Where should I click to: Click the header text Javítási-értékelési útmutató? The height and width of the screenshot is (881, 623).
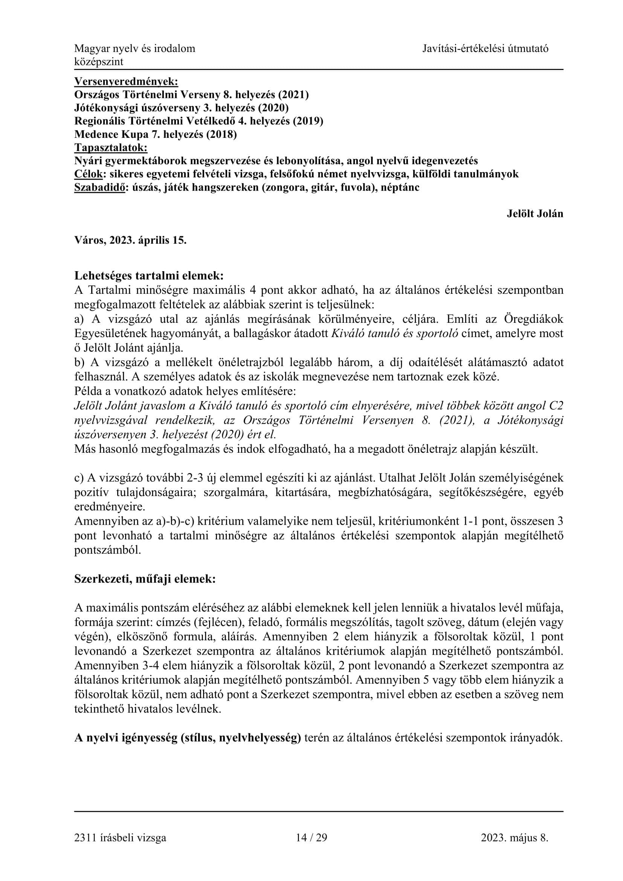click(x=485, y=49)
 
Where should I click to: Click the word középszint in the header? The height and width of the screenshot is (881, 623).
click(x=99, y=62)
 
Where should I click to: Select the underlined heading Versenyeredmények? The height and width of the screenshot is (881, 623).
click(x=126, y=81)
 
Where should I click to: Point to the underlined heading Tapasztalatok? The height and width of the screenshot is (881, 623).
click(x=110, y=148)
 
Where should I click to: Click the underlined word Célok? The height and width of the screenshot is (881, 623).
click(x=88, y=174)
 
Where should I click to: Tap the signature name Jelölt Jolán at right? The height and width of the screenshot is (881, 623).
click(x=535, y=214)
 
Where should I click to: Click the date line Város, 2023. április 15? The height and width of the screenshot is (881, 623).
click(x=130, y=241)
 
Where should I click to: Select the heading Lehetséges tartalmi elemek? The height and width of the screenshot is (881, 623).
click(x=149, y=276)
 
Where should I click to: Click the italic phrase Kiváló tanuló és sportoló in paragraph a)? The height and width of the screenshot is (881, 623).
click(x=394, y=333)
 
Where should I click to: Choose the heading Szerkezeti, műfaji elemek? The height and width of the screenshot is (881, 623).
click(x=145, y=579)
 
